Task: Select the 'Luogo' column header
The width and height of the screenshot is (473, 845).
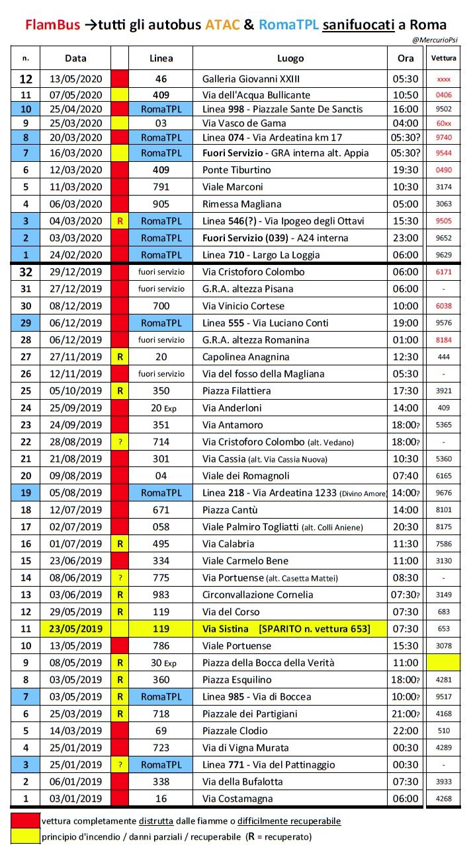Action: pos(290,58)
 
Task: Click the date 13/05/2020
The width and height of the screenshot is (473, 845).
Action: pos(76,79)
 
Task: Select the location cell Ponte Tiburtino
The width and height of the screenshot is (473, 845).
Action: pos(236,170)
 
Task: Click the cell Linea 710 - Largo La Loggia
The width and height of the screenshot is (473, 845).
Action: pos(262,254)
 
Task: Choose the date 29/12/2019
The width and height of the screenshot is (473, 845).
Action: pos(76,272)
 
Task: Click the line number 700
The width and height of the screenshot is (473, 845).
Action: pos(161,306)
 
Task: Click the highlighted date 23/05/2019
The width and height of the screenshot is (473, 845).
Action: pos(76,628)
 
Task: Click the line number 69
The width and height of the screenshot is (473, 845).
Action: pos(161,730)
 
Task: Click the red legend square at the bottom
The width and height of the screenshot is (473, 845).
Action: pos(25,821)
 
